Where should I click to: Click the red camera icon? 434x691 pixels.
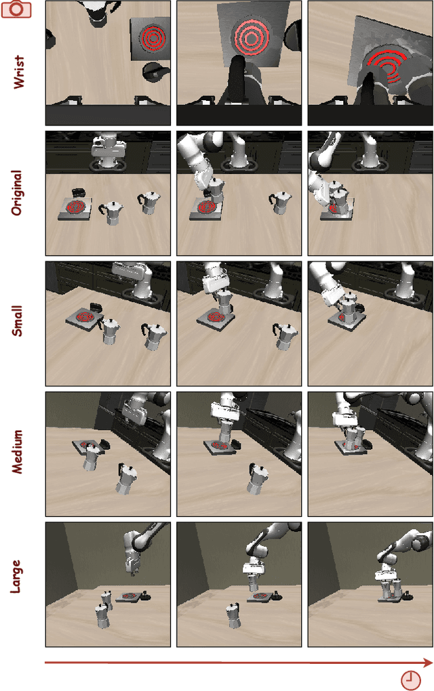click(16, 9)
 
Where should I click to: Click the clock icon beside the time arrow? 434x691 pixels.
click(410, 679)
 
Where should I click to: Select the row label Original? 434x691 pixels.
click(18, 193)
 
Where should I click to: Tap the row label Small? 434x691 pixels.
click(18, 321)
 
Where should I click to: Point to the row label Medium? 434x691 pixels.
click(18, 451)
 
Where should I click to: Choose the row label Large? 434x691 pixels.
click(18, 576)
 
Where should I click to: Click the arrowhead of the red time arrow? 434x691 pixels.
click(427, 663)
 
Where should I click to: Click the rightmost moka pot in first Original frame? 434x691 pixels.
click(149, 202)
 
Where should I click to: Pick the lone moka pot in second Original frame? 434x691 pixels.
click(281, 202)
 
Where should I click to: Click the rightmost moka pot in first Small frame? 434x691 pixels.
click(155, 335)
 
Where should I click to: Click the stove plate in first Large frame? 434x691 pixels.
click(130, 598)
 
